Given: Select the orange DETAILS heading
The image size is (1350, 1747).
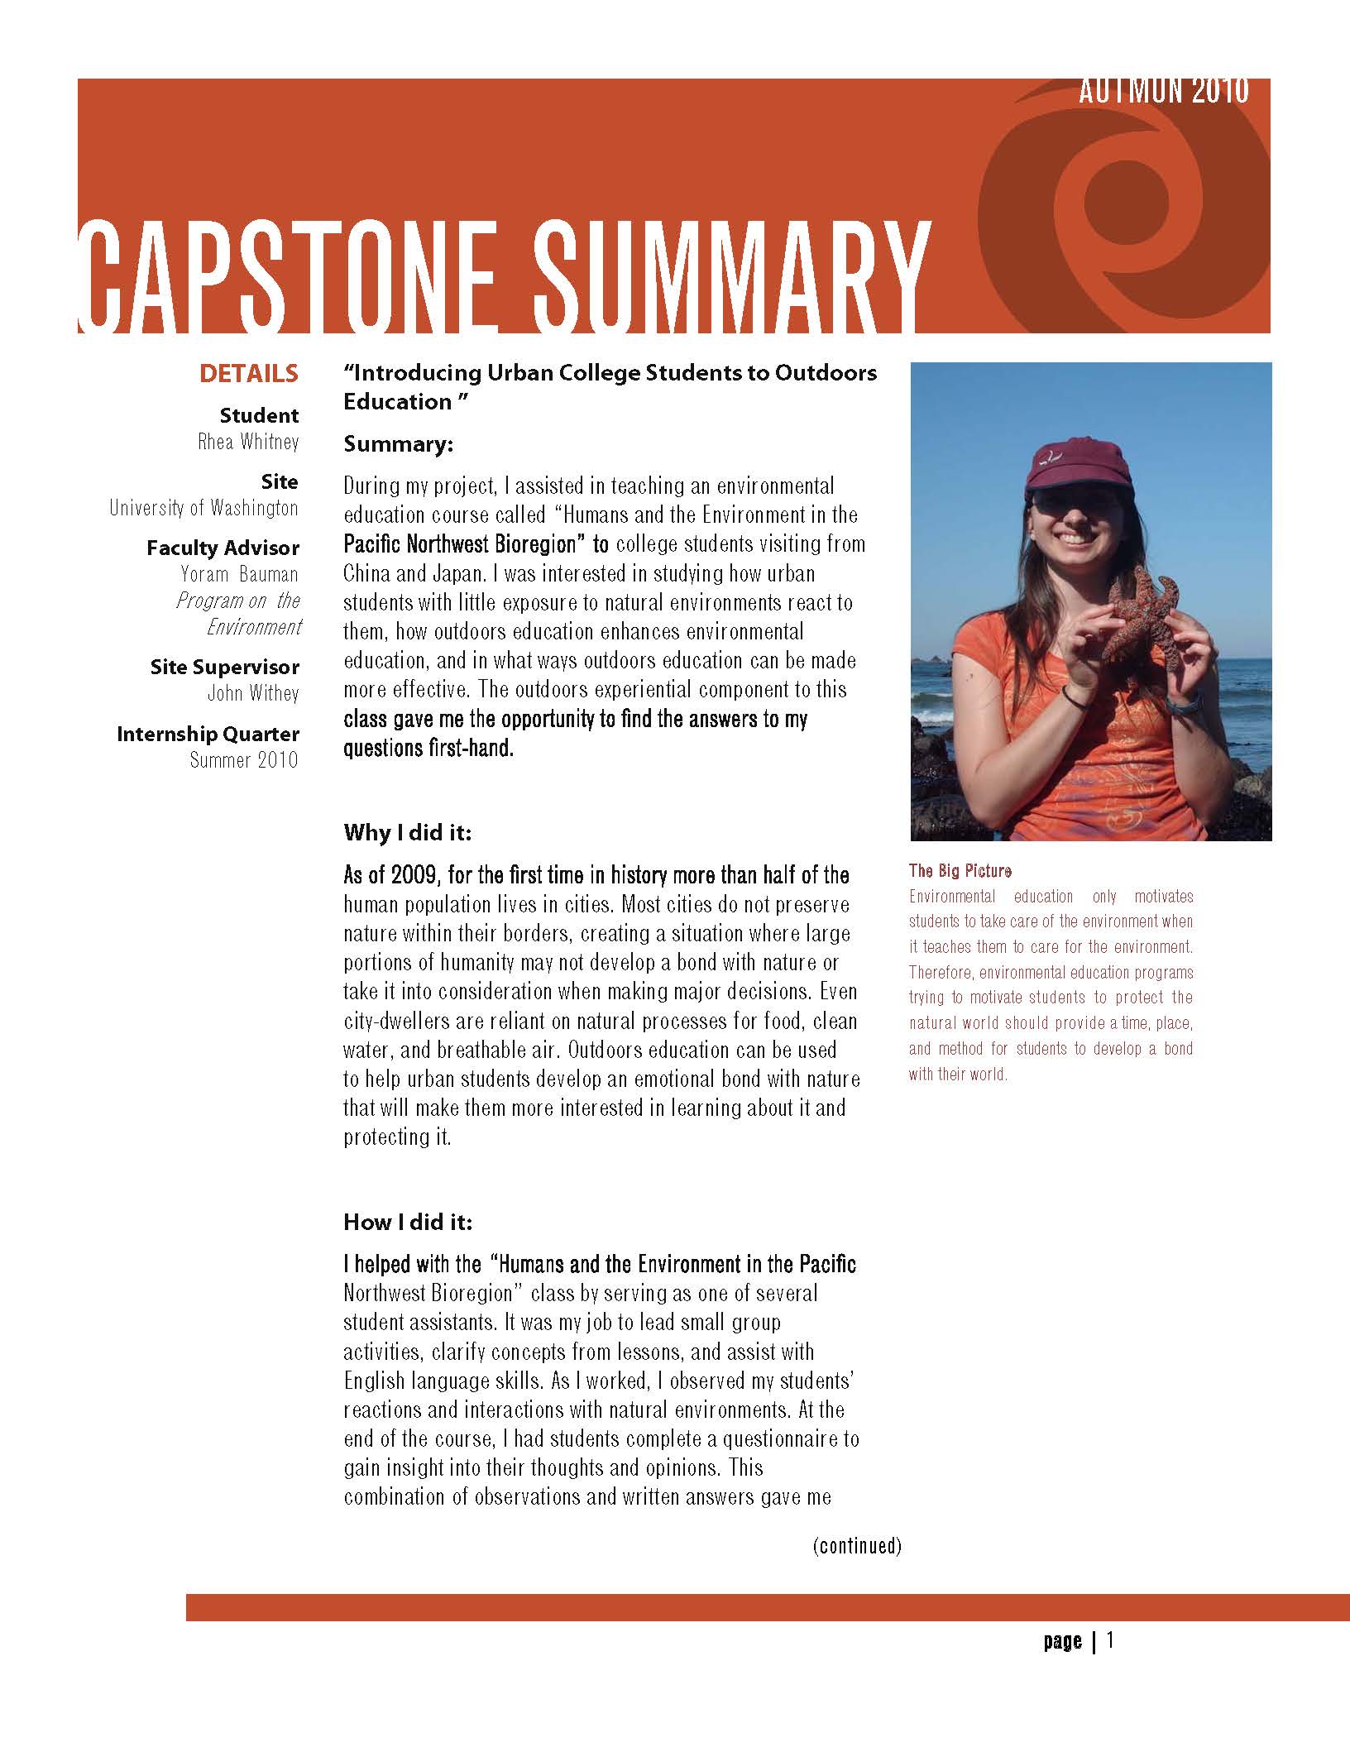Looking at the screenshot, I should click(x=248, y=374).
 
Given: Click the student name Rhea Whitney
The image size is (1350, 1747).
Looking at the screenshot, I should click(x=248, y=442).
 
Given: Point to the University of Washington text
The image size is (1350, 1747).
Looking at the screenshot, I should click(x=203, y=508).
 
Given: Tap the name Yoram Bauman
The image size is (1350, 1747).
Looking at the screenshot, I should click(x=239, y=574).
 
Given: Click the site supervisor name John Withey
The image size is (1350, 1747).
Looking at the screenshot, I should click(x=252, y=693).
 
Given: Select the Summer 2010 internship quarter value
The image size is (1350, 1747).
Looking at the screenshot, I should click(x=243, y=759).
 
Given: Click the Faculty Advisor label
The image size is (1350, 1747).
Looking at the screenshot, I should click(x=223, y=548).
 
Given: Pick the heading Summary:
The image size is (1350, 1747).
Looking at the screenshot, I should click(x=399, y=444).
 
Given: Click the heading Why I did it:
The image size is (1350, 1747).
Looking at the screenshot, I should click(x=407, y=832).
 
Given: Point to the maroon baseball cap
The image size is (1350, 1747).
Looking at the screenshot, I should click(x=1067, y=467).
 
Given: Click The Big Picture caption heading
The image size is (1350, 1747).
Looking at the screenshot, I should click(x=960, y=870).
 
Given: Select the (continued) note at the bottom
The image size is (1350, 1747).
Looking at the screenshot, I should click(x=856, y=1545).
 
